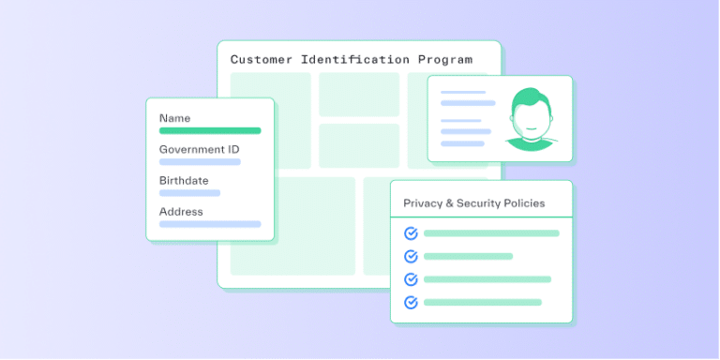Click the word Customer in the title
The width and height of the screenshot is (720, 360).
point(262,59)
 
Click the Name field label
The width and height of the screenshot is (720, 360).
point(174,118)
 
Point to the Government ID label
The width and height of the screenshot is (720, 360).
point(199,149)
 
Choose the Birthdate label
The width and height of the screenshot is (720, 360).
point(184,180)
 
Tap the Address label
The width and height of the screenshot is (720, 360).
point(181,212)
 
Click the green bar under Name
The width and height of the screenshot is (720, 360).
point(210,130)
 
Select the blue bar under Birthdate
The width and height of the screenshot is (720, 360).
point(189,193)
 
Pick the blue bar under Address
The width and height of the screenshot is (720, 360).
point(210,224)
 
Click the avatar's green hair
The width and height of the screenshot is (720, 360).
point(529,97)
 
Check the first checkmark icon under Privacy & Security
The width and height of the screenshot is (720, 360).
point(410,233)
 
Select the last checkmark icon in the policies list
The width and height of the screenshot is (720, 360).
point(410,302)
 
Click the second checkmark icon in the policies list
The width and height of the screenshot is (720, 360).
point(410,256)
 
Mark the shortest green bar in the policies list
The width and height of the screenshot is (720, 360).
point(468,256)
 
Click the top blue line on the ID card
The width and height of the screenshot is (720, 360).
point(463,92)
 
